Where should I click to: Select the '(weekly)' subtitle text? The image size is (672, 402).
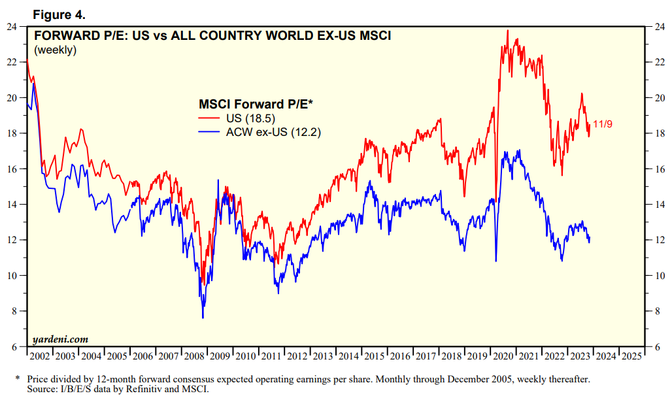55,50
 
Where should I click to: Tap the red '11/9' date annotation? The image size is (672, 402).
603,124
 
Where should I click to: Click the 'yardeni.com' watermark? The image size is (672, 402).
60,339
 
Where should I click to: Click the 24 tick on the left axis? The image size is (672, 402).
12,27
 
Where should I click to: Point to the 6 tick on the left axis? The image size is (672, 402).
14,346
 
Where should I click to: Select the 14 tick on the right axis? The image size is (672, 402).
660,205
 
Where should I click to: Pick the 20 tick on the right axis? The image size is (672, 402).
660,98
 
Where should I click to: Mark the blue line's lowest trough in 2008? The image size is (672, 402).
203,318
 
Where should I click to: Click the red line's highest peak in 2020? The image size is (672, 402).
507,30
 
